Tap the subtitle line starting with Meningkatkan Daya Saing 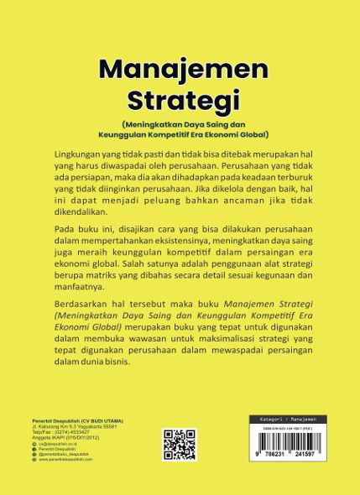click(180, 124)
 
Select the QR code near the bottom click(179, 445)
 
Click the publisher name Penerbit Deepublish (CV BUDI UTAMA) click(66, 419)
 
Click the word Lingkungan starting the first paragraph click(74, 156)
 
